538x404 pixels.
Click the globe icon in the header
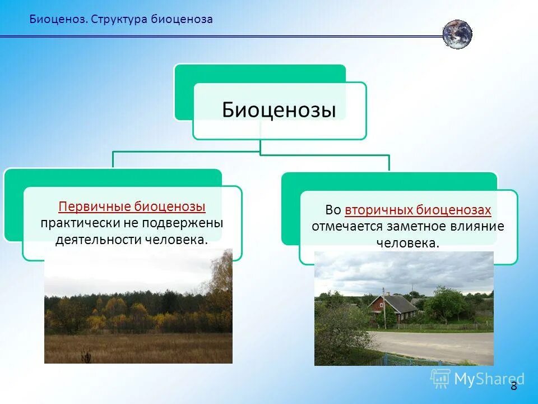click(457, 34)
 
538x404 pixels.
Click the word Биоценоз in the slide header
click(58, 19)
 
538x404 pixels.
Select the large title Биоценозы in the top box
click(279, 109)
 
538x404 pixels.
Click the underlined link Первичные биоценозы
click(132, 206)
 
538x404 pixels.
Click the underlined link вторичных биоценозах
click(418, 210)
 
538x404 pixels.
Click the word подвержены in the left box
click(192, 223)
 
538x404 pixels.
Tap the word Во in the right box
click(333, 210)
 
